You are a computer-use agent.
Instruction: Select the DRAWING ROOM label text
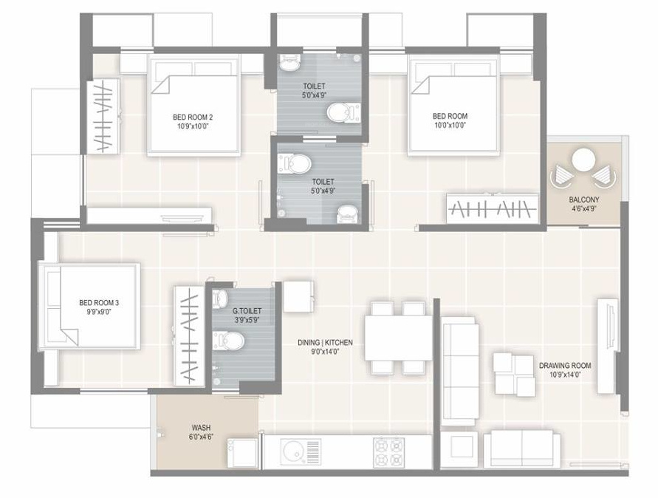pyautogui.click(x=565, y=366)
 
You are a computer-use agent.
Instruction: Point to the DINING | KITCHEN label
pyautogui.click(x=325, y=343)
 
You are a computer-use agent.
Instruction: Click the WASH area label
pyautogui.click(x=201, y=428)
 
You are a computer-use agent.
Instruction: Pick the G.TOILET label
pyautogui.click(x=247, y=311)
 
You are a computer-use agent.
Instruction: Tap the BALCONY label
pyautogui.click(x=583, y=200)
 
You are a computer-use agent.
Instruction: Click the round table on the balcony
pyautogui.click(x=583, y=160)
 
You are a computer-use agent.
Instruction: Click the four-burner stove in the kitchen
pyautogui.click(x=389, y=452)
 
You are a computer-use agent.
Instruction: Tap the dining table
pyautogui.click(x=398, y=338)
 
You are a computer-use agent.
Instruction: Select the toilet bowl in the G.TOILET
pyautogui.click(x=229, y=341)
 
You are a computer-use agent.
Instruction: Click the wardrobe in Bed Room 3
pyautogui.click(x=189, y=336)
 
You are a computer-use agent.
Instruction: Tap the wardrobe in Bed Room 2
pyautogui.click(x=103, y=116)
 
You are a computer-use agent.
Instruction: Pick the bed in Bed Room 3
pyautogui.click(x=89, y=306)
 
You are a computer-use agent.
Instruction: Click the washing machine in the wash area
pyautogui.click(x=242, y=453)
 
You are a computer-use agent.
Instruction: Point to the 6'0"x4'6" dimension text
pyautogui.click(x=201, y=437)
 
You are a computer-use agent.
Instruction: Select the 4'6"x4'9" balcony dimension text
pyautogui.click(x=583, y=208)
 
